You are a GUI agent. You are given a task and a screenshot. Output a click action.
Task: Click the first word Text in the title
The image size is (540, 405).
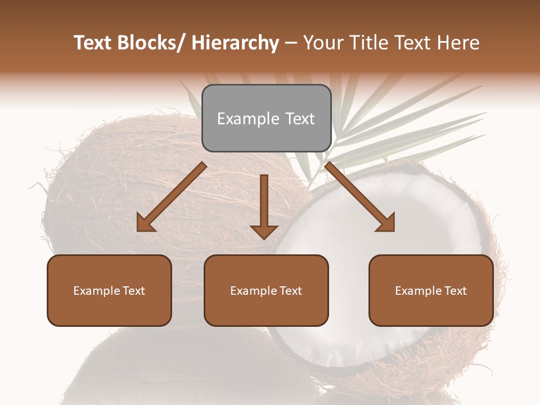93,43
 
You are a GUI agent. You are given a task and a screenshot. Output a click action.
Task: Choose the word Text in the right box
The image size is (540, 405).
455,291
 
